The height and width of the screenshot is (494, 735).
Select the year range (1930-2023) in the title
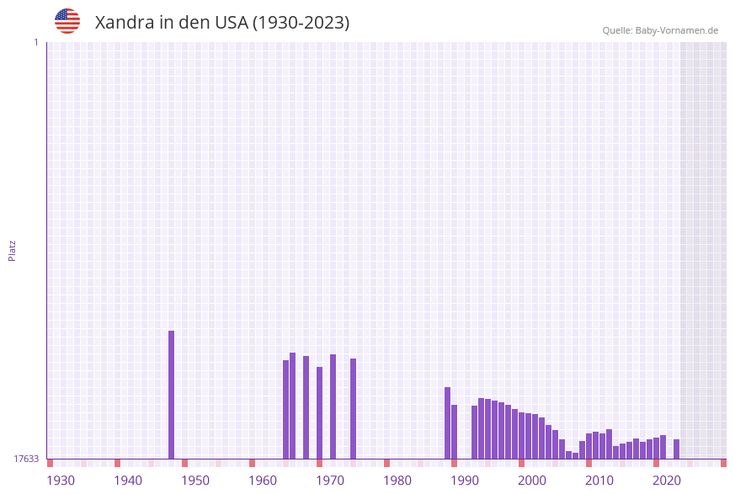pos(301,23)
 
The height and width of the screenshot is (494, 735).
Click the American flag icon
pos(67,21)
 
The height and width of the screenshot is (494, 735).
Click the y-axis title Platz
pos(12,250)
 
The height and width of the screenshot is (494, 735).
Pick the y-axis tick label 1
pos(36,42)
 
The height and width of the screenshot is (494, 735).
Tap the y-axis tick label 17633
pos(26,459)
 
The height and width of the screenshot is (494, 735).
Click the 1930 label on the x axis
pos(61,481)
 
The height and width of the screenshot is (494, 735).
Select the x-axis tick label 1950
pos(195,481)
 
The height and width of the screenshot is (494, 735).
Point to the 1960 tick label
pos(263,481)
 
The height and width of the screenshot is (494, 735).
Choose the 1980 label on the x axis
pos(397,481)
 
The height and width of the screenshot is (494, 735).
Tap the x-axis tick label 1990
pos(465,481)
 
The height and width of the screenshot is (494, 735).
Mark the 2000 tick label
pos(532,481)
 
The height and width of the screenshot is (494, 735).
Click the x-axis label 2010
pos(599,481)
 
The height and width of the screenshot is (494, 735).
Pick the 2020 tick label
pos(667,481)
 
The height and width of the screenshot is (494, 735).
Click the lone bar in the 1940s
pos(171,395)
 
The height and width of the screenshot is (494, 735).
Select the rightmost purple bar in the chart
pos(676,449)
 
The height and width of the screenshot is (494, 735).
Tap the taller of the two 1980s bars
pos(447,422)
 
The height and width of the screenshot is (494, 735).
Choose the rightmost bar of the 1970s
pos(353,408)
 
